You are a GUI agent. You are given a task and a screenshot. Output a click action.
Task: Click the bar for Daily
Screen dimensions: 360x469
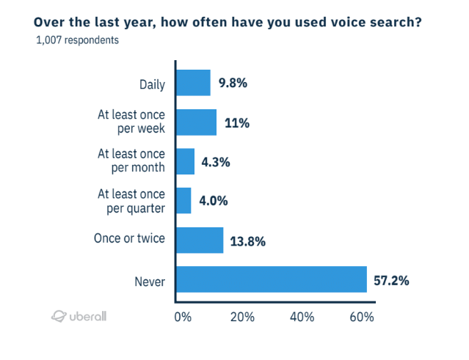[x=193, y=83]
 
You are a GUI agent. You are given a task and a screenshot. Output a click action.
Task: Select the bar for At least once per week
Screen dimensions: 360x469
[x=196, y=122]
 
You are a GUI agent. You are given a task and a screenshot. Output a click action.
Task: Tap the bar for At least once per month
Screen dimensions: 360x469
[x=185, y=161]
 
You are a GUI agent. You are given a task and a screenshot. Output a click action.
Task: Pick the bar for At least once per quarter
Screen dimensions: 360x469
[x=183, y=201]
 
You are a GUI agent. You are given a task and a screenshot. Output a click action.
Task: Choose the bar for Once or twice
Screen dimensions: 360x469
[x=200, y=240]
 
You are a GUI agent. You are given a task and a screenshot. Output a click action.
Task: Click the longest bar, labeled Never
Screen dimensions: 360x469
[x=271, y=279]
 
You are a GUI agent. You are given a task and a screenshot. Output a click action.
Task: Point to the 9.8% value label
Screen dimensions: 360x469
[x=232, y=83]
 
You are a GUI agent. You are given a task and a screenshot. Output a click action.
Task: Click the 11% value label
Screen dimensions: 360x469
[x=238, y=122]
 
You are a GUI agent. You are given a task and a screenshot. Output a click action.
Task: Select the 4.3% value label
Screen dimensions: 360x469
[x=216, y=161]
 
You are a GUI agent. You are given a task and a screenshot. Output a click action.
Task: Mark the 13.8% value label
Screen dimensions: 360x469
[x=247, y=240]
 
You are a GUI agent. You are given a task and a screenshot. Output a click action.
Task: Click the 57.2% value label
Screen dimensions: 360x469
[x=391, y=280]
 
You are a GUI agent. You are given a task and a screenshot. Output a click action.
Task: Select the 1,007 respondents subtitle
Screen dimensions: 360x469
[x=77, y=40]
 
